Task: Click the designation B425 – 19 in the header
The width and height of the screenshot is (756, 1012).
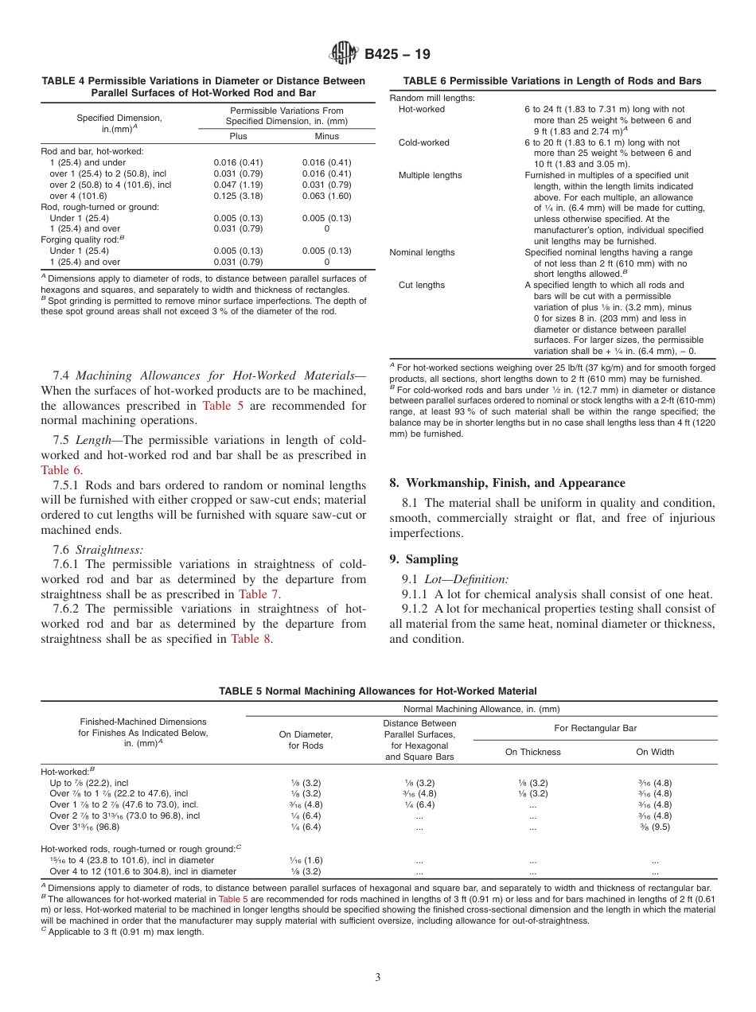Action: click(397, 54)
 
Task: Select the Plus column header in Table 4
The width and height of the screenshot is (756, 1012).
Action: click(238, 136)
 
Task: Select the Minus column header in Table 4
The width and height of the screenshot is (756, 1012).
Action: click(326, 136)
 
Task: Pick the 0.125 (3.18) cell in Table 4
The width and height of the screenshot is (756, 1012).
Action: click(238, 195)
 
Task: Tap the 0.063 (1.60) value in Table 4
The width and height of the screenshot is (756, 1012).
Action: click(326, 195)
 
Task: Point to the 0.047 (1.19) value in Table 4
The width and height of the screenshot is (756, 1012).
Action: click(238, 184)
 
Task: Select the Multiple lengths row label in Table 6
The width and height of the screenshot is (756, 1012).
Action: click(430, 175)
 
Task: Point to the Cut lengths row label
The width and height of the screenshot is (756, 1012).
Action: click(422, 285)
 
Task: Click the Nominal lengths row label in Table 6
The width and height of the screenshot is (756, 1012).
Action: click(422, 252)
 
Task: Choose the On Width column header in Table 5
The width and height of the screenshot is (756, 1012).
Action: click(654, 752)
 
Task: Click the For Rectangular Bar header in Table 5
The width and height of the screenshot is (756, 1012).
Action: click(594, 728)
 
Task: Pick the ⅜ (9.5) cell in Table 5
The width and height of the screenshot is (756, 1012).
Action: click(654, 827)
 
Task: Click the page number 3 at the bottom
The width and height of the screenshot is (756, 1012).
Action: click(378, 978)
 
